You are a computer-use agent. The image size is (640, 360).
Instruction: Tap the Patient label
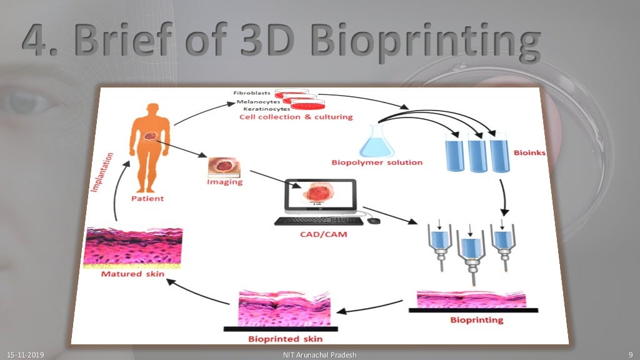pos(147,199)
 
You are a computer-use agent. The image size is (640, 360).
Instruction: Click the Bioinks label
pos(529,152)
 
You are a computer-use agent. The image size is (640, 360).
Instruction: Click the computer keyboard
pos(318,221)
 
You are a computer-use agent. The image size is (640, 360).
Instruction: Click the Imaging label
pos(224,183)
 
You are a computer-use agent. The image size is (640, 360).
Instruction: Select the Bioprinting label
pos(476,321)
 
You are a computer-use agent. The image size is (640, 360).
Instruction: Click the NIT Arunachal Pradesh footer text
pos(319,355)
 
